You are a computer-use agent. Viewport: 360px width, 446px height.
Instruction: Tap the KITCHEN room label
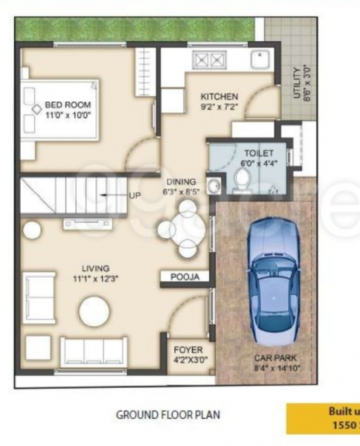219,97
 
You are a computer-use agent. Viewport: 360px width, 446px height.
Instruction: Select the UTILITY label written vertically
297,83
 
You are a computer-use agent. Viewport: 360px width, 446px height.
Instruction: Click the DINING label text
181,181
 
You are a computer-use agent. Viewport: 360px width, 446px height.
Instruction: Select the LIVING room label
96,268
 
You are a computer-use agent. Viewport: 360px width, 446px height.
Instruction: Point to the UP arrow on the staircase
112,195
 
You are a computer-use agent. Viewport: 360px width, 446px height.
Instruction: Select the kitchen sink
260,59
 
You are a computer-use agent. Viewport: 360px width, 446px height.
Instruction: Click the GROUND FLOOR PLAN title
167,416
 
